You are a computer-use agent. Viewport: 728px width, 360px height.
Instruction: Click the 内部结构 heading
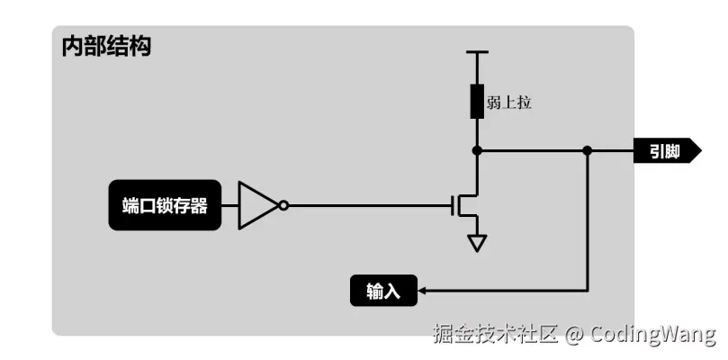(x=106, y=47)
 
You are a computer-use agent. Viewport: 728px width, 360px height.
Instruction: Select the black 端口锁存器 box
(x=165, y=205)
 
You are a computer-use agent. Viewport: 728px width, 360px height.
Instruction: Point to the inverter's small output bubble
(x=283, y=205)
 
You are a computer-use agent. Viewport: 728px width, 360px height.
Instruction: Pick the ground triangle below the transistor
(x=477, y=242)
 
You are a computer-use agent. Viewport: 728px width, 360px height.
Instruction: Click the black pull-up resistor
(x=477, y=102)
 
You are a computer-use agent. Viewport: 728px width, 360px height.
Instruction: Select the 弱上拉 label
(x=509, y=103)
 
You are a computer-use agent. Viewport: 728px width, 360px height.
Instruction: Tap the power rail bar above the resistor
(x=477, y=52)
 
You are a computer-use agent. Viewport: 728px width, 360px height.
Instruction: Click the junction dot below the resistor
(x=477, y=150)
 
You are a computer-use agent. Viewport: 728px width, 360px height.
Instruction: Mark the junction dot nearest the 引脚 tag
(x=587, y=150)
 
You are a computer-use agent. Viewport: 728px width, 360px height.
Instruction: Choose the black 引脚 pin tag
(x=667, y=151)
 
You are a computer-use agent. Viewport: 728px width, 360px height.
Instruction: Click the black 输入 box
(x=383, y=291)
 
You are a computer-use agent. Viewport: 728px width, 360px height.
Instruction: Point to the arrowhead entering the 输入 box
(x=424, y=291)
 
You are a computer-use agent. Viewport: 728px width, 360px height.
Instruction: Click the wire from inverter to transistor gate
(x=369, y=205)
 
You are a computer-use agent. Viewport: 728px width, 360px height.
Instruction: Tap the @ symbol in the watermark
(x=574, y=335)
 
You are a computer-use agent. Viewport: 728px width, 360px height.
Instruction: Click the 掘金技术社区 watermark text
(x=495, y=335)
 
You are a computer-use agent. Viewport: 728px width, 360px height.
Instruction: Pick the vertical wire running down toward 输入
(x=587, y=225)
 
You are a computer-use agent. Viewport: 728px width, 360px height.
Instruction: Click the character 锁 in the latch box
(x=165, y=205)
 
